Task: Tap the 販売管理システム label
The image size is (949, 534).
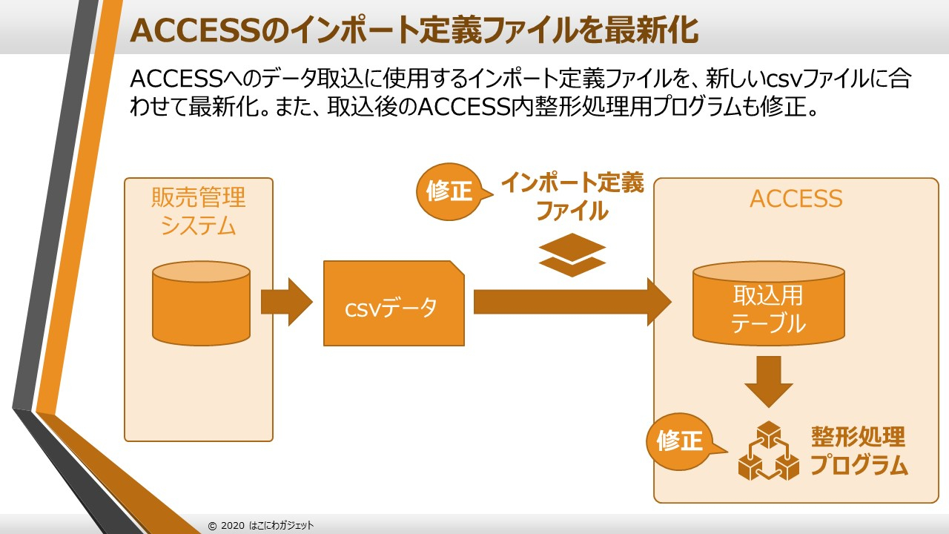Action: coord(199,211)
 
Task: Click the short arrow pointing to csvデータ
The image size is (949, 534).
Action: coord(287,302)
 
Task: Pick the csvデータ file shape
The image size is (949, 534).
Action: coord(394,303)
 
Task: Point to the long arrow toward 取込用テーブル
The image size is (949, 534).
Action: coord(572,302)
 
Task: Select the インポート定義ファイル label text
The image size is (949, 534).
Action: coord(572,197)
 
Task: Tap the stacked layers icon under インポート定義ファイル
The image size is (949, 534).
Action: coord(572,254)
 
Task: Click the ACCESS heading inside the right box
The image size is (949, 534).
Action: coord(796,199)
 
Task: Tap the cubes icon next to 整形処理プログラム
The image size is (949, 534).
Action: coord(769,451)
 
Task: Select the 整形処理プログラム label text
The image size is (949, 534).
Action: coord(859,451)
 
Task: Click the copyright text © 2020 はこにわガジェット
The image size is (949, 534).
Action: coord(261,525)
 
